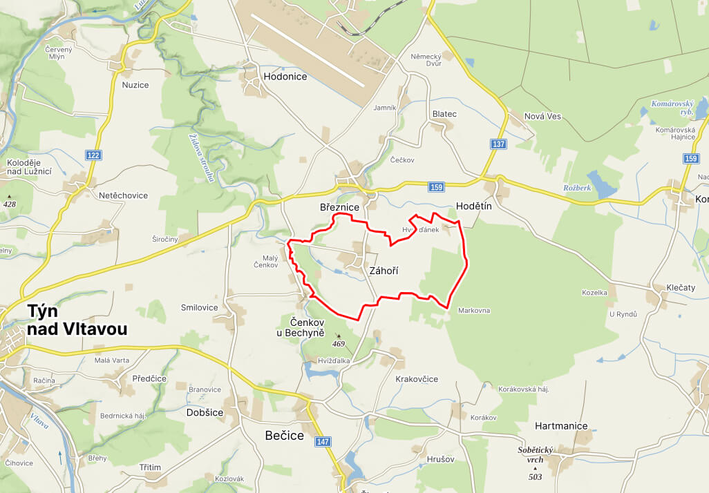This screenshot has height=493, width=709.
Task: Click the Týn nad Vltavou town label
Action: tap(77, 320)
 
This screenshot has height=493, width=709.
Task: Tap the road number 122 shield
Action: tap(93, 156)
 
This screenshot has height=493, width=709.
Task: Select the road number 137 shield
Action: tap(499, 144)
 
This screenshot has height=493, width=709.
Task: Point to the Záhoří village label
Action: tap(384, 271)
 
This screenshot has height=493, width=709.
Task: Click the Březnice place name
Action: tap(339, 207)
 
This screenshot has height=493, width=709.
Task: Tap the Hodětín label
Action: tap(473, 206)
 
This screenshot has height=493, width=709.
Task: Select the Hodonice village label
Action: tap(285, 77)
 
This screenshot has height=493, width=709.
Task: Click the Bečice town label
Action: tap(285, 435)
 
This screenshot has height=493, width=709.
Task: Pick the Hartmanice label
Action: tap(561, 426)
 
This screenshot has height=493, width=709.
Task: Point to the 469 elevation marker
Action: tap(339, 343)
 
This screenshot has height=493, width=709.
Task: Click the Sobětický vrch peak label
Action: tap(536, 454)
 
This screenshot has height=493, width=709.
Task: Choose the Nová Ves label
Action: tap(542, 116)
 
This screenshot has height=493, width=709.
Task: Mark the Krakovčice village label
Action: tap(417, 379)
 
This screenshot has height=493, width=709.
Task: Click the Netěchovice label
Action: tap(124, 195)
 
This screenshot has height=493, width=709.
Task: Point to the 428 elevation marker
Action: tap(9, 204)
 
